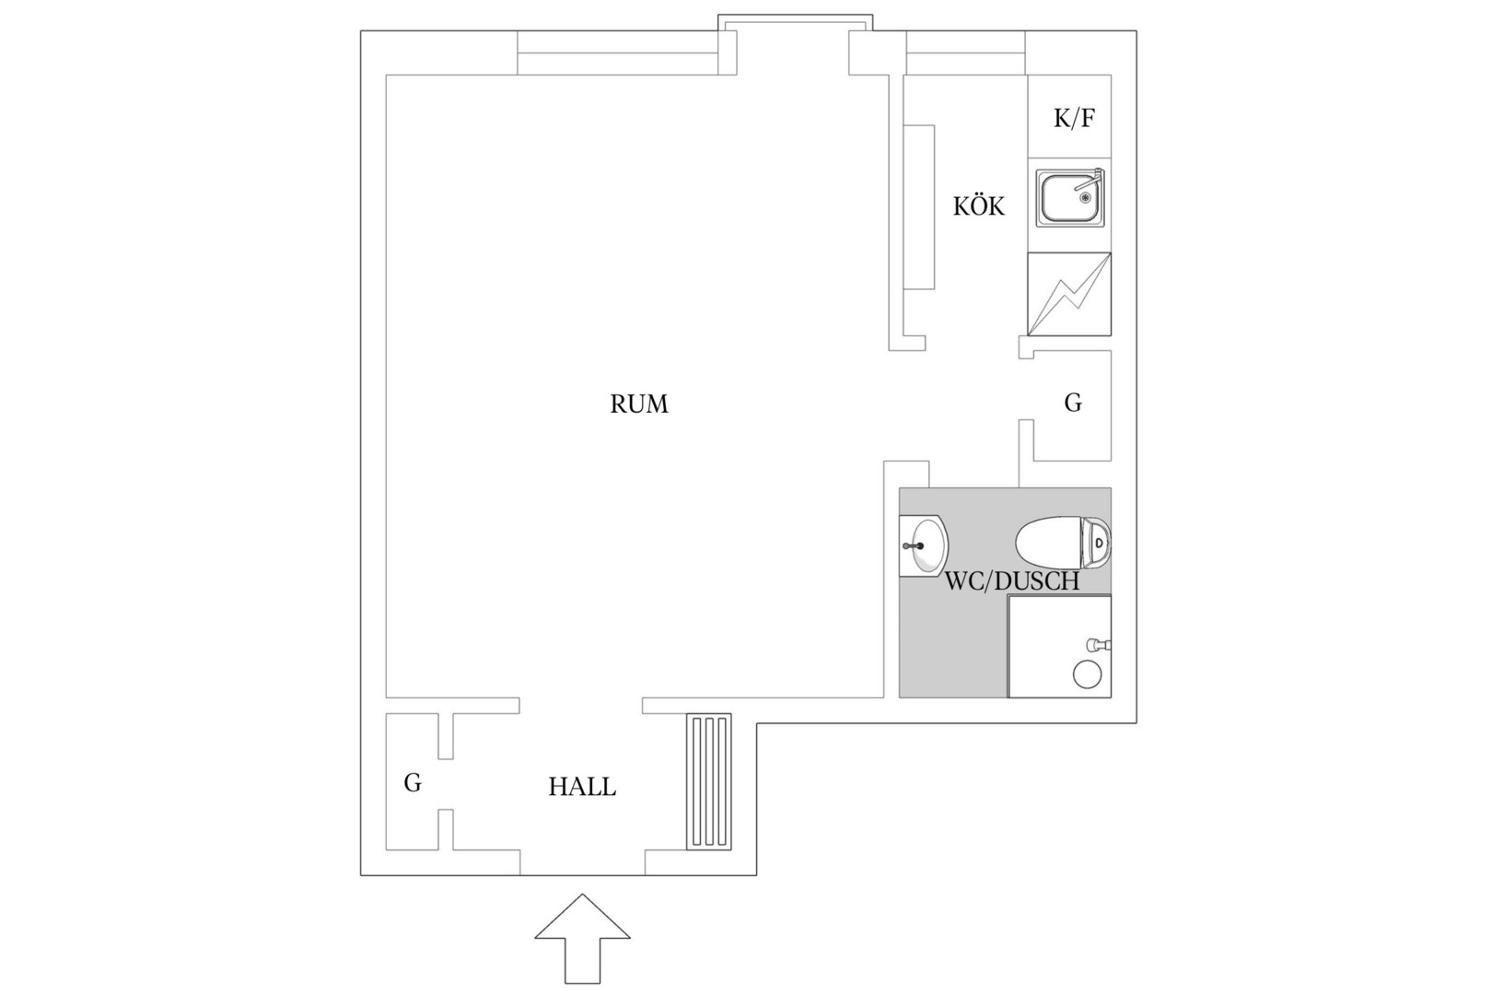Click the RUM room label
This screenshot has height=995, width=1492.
pos(639,404)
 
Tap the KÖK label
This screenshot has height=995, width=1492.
pos(978,206)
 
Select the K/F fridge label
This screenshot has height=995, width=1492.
pos(1074,118)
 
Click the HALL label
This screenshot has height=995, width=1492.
pos(582,787)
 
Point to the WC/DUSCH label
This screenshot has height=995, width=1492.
pos(1012,581)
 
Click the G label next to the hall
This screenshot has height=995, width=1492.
pos(413,782)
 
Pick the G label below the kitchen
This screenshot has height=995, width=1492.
pos(1073,403)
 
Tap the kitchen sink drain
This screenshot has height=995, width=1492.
pos(1085,196)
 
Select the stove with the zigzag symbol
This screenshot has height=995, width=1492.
pos(1069,294)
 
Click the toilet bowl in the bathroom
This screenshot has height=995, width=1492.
pos(1048,544)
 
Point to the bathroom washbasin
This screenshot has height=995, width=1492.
pos(924,545)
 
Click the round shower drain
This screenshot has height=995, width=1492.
pos(1087,674)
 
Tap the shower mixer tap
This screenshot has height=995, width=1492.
pos(1098,645)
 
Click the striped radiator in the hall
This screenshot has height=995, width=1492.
pos(709,782)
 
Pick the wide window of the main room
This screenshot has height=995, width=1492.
pos(618,53)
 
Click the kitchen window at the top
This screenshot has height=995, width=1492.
pos(966,53)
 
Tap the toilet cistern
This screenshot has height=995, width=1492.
pos(1096,544)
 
